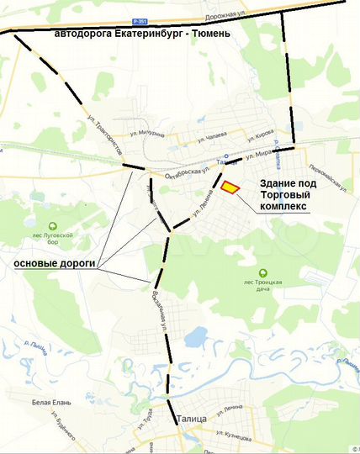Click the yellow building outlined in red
230,187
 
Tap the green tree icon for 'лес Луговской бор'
52,225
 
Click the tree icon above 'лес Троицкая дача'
262,272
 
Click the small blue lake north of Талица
195,339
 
